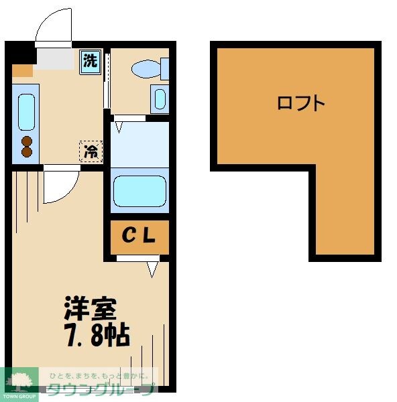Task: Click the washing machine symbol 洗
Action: (x=90, y=61)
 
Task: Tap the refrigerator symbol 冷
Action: (x=90, y=151)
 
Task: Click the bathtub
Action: (x=139, y=192)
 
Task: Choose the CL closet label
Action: (x=139, y=236)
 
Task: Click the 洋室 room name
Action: (x=91, y=310)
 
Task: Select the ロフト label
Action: (x=301, y=103)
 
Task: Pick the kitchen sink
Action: (x=26, y=112)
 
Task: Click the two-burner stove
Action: (x=27, y=147)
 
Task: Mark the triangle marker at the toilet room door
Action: (x=119, y=124)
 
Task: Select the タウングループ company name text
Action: (x=101, y=389)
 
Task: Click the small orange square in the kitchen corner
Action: (x=21, y=70)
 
